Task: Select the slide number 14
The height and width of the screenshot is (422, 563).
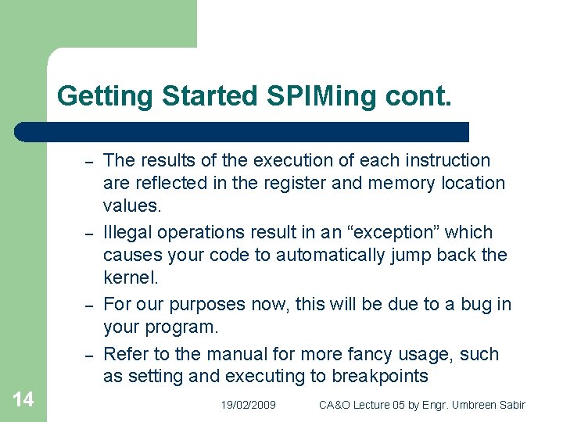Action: tap(23, 400)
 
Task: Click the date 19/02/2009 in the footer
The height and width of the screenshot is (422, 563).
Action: tap(248, 405)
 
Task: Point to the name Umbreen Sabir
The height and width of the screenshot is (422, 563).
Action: tap(490, 405)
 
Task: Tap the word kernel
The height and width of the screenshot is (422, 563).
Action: tap(130, 277)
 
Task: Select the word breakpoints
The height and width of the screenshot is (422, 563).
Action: tap(379, 377)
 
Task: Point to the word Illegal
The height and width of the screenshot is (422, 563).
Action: tap(127, 233)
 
